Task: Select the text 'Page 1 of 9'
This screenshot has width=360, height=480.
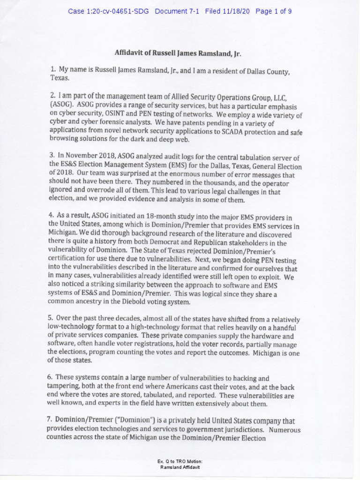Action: pos(274,11)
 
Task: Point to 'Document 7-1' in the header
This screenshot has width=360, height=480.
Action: pos(177,11)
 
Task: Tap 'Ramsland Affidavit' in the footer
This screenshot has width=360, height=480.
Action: pos(180,467)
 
